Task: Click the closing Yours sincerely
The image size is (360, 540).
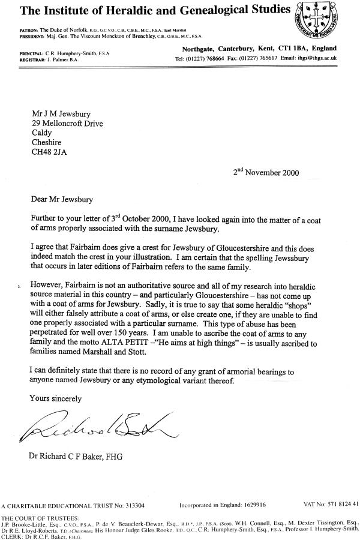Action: point(56,398)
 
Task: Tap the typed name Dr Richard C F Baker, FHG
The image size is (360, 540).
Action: point(76,457)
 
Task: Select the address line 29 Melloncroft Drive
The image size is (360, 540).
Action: point(67,124)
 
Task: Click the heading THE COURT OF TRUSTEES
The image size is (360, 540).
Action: point(40,517)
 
